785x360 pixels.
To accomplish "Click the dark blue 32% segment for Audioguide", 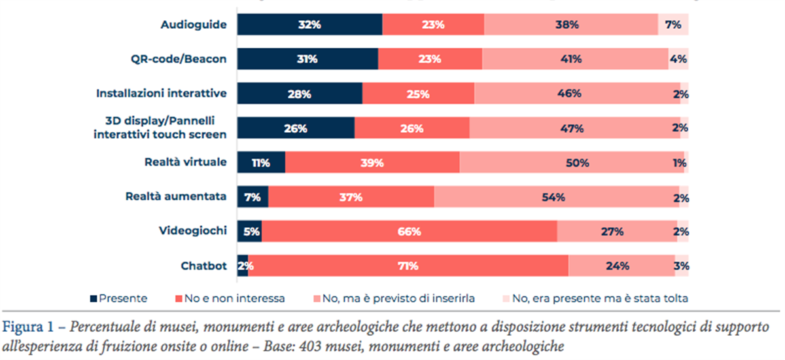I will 309,25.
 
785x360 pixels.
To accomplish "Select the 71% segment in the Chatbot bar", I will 408,266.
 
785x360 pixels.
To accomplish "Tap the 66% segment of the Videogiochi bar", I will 409,231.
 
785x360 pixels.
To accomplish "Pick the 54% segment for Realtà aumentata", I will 556,196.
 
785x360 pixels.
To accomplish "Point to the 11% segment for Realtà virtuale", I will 260,162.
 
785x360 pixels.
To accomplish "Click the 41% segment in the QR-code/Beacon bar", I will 575,59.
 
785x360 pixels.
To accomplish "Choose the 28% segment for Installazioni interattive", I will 299,94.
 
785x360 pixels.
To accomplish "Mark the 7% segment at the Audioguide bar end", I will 673,25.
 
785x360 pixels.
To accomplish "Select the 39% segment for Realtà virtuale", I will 372,162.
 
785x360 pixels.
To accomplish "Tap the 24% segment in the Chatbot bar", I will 621,266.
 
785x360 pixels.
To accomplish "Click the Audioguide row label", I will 194,25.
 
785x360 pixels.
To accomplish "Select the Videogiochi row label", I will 194,231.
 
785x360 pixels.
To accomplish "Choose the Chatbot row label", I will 203,266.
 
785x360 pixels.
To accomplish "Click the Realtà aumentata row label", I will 176,196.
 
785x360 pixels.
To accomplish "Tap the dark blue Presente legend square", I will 94,299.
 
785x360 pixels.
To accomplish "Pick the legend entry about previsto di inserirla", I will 400,299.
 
